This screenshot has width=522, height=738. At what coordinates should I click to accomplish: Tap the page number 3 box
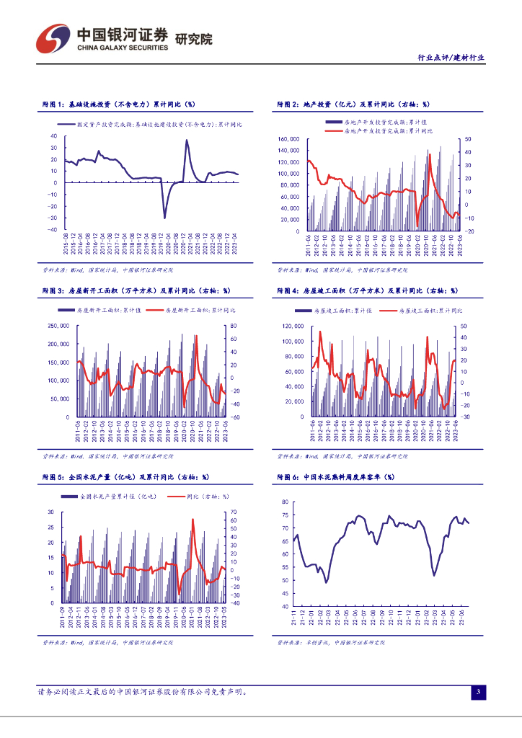point(477,693)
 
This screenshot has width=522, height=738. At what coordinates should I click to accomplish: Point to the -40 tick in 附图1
point(53,230)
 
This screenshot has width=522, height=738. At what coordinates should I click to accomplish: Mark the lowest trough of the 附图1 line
point(164,217)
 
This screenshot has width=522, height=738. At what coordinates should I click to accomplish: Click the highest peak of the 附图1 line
point(186,141)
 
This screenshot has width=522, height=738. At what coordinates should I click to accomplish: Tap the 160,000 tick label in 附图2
point(288,138)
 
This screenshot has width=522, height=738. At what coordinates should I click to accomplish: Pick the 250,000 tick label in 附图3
point(58,326)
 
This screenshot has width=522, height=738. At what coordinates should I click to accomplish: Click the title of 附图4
point(367,291)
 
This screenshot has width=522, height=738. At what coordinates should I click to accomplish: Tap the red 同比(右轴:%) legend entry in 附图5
point(198,497)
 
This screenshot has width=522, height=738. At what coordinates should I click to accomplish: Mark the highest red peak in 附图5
point(193,519)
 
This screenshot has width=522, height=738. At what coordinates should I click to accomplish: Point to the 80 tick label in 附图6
point(285,502)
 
